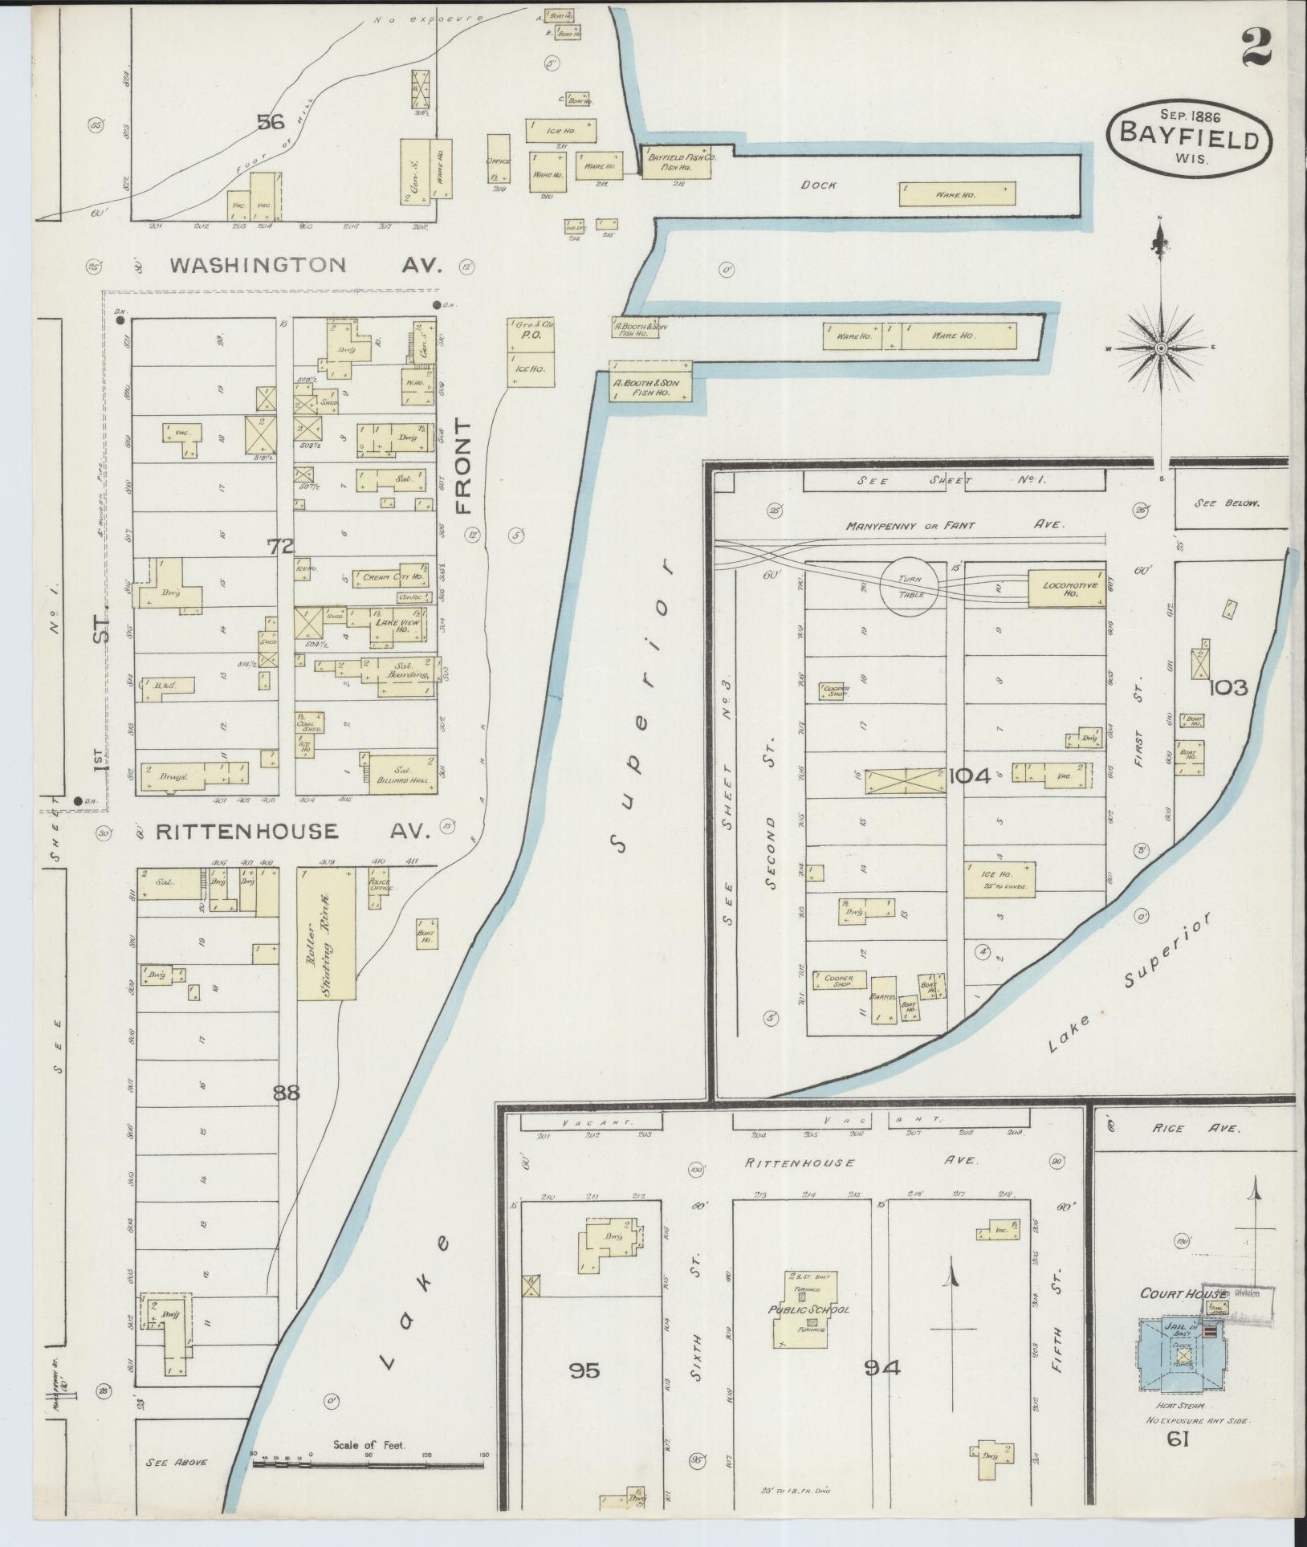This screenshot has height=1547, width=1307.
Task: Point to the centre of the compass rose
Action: click(1161, 348)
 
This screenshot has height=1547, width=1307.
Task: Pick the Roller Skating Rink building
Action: click(327, 933)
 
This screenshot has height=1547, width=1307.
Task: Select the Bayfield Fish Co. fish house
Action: click(675, 162)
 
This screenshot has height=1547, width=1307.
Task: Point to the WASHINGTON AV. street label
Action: click(306, 266)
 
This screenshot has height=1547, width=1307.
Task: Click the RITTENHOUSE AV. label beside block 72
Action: click(293, 832)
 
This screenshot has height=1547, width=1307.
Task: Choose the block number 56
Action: click(271, 122)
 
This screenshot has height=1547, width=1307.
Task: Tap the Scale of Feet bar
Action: click(368, 1464)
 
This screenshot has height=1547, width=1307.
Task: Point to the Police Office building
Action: click(376, 887)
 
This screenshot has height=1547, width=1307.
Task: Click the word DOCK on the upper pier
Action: click(818, 185)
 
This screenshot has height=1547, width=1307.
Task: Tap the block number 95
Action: click(584, 1370)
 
